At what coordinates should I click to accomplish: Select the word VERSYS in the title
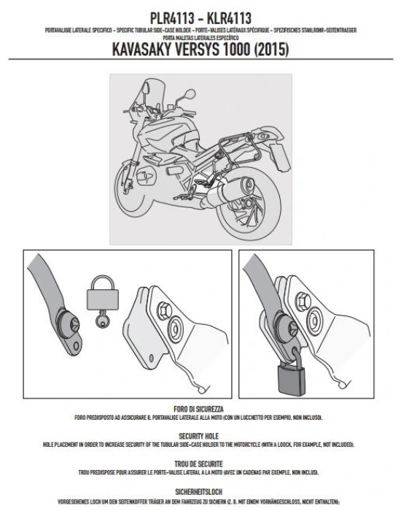pyautogui.click(x=217, y=50)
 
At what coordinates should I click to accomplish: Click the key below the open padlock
pyautogui.click(x=100, y=322)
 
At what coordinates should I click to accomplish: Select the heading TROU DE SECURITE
pyautogui.click(x=199, y=462)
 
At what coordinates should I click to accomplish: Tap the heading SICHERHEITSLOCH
pyautogui.click(x=199, y=490)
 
